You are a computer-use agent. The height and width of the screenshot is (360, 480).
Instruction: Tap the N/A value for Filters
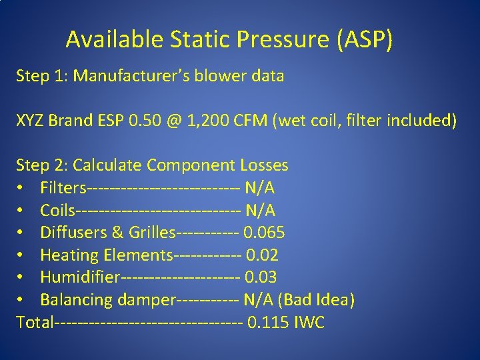(x=260, y=188)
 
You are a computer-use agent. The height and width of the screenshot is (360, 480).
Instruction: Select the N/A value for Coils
(x=260, y=211)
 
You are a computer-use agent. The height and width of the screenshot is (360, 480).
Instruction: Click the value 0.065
(x=264, y=233)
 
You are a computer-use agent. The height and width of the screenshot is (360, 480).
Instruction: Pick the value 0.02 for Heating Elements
(x=262, y=255)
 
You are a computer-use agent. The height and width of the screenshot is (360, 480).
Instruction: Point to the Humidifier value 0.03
(x=261, y=277)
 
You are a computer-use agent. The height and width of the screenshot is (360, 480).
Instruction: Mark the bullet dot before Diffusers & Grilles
(x=22, y=233)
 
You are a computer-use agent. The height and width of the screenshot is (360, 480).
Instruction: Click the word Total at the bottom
(x=35, y=323)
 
